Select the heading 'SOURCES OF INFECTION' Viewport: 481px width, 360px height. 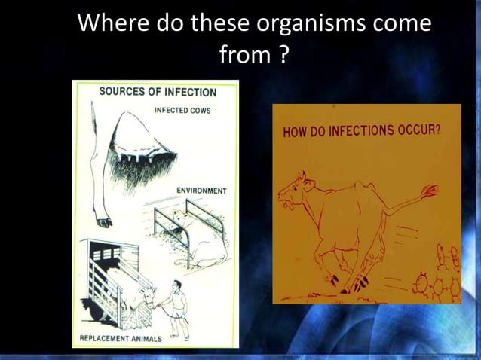158,93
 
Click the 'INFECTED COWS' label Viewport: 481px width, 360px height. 182,110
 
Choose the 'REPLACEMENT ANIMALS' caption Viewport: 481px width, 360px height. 121,338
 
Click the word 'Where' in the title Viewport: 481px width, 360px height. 112,24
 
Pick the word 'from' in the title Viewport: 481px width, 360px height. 242,54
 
